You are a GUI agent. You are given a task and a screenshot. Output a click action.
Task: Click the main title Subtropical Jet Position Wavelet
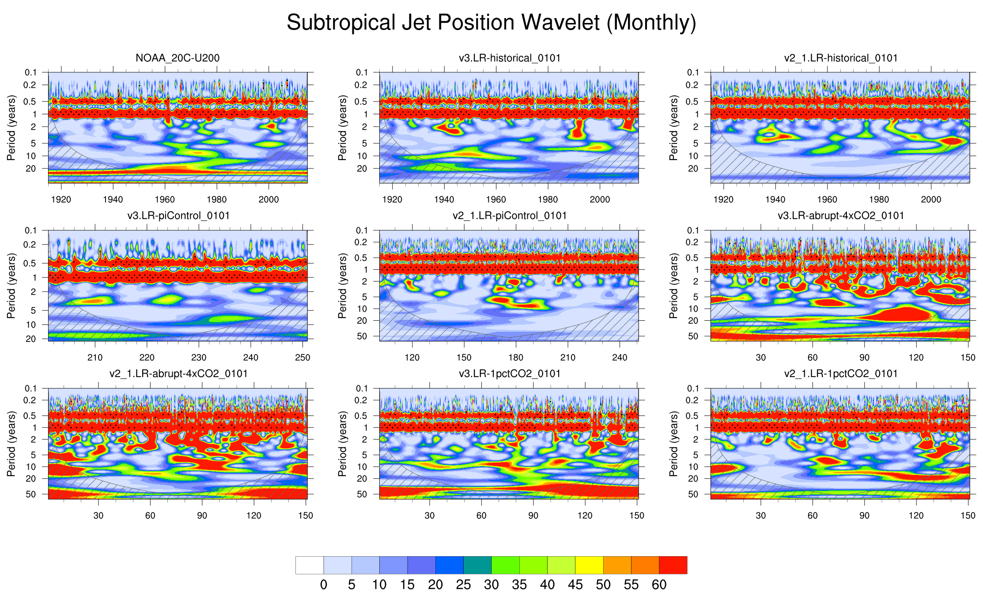click(491, 22)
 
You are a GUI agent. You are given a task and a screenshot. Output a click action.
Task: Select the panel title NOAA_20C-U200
click(178, 58)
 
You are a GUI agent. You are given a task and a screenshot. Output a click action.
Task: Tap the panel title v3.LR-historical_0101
click(510, 58)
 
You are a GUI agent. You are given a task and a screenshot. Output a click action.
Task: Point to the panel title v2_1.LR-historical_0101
click(841, 58)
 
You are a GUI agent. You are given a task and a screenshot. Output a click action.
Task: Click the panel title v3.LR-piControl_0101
click(178, 216)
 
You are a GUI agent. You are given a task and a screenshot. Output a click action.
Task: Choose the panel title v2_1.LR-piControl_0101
click(510, 216)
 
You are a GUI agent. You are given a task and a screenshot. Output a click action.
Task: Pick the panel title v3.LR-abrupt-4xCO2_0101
click(841, 216)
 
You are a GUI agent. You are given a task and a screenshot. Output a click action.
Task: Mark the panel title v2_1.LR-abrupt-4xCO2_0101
click(178, 374)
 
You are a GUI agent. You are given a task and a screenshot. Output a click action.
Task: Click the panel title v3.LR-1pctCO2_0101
click(510, 374)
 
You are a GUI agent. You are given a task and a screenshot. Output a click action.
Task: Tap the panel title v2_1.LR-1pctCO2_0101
click(841, 374)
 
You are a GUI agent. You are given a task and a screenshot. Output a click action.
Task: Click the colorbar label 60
click(659, 585)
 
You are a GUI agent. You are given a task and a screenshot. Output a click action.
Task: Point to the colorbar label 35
click(519, 585)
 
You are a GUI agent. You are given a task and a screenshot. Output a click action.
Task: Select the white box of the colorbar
click(310, 565)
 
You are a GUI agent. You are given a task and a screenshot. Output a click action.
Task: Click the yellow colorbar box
click(589, 565)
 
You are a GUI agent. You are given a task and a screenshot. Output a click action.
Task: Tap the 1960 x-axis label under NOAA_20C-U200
click(165, 199)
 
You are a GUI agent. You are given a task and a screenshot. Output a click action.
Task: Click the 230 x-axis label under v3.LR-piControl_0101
click(199, 357)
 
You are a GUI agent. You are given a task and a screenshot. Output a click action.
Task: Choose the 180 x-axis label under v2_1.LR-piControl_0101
click(516, 357)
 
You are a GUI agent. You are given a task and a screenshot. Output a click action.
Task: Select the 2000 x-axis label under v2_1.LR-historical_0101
click(931, 199)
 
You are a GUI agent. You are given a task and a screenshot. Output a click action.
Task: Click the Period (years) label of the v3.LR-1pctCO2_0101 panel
click(342, 444)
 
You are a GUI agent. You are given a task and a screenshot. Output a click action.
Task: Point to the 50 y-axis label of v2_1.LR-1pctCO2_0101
click(693, 494)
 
